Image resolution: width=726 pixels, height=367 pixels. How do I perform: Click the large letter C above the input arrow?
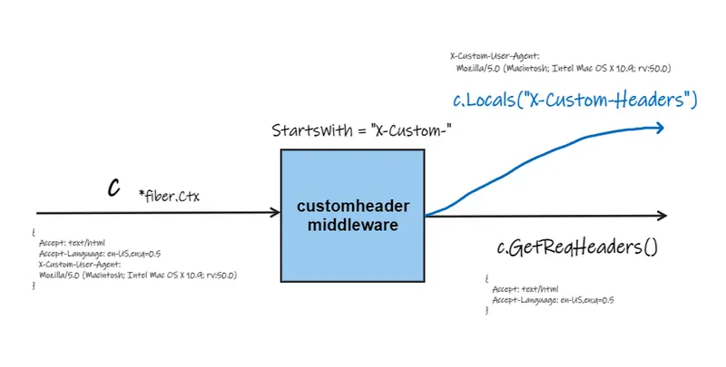point(114,188)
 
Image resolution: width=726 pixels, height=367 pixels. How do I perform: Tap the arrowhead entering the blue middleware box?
point(274,213)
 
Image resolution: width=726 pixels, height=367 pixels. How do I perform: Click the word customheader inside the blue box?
point(352,208)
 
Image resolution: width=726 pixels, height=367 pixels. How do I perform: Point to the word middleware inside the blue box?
point(352,225)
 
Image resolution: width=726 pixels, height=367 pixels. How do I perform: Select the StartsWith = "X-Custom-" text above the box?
point(363,130)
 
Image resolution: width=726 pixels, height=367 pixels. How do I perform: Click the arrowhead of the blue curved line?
point(661,129)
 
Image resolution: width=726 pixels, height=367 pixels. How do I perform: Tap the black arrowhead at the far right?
point(662,216)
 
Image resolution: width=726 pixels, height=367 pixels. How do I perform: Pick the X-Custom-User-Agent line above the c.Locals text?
point(495,56)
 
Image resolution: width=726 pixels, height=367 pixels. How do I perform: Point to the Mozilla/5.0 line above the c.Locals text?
point(563,68)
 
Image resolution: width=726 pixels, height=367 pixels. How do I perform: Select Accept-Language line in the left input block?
point(100,254)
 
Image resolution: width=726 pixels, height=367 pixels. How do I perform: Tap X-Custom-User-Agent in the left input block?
point(80,264)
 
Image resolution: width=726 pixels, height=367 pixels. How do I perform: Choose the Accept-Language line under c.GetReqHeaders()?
point(554,299)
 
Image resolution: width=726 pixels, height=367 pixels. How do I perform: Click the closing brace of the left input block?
point(34,285)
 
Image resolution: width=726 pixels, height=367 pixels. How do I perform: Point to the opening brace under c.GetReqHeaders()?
point(486,277)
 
